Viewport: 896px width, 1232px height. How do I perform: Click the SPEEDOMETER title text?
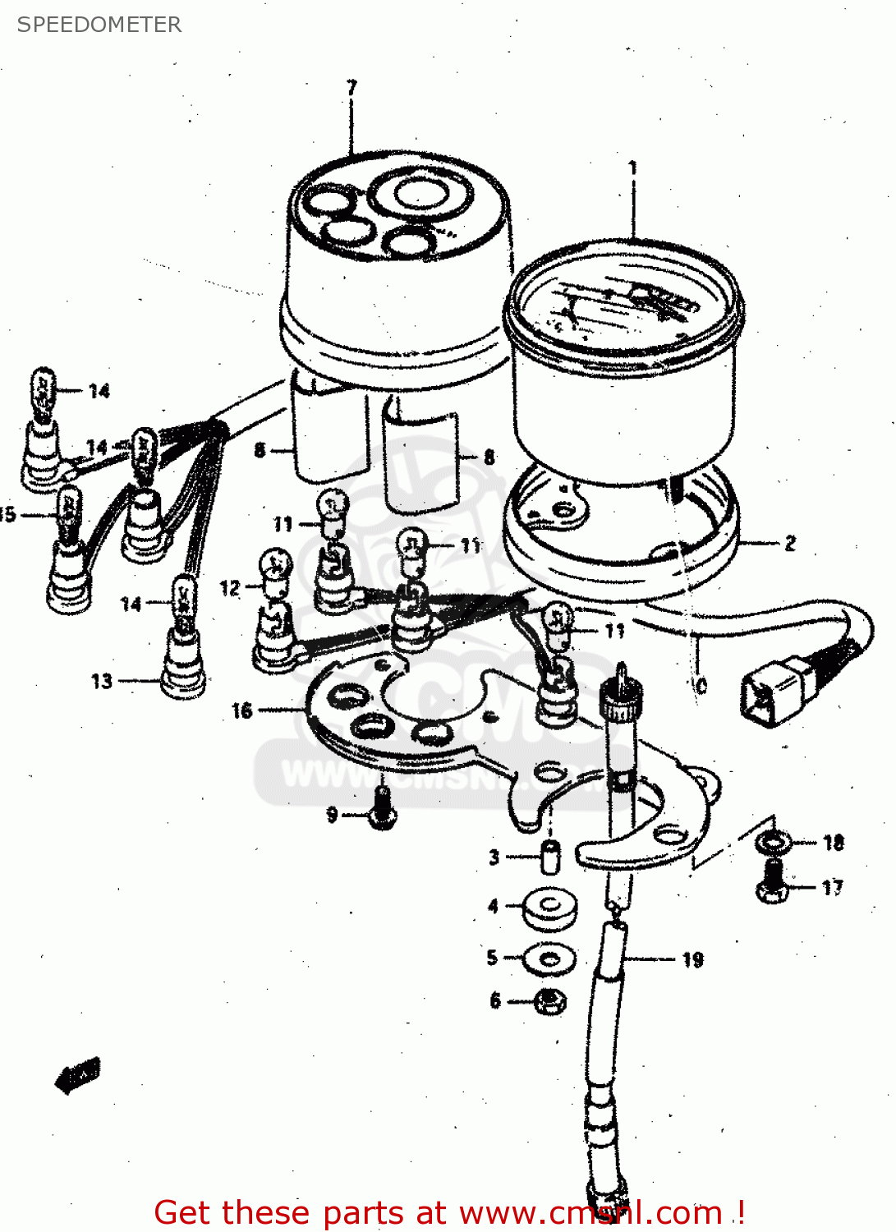pos(99,25)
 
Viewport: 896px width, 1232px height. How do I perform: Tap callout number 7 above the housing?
pos(352,87)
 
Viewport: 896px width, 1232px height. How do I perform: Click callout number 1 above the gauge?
pos(632,167)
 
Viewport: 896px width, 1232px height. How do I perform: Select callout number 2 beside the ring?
pos(790,544)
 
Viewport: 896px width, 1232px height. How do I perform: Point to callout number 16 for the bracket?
pos(241,710)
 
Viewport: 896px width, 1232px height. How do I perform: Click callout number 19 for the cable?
pos(692,959)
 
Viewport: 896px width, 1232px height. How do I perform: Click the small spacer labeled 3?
pos(549,857)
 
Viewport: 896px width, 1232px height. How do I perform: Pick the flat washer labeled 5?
pos(549,958)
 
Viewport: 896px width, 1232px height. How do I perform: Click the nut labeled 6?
pos(549,1001)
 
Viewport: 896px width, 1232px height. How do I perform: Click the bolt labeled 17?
pos(772,884)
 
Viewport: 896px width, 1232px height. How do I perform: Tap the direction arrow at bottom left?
pos(78,1075)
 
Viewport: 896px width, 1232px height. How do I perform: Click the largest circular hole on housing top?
pos(420,194)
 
